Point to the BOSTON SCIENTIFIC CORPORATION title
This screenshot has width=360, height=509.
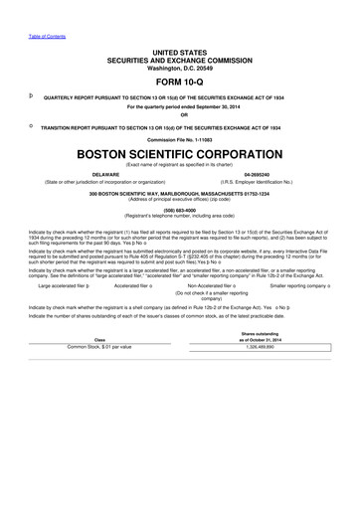pos(179,156)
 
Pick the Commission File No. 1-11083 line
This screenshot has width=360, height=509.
pos(179,140)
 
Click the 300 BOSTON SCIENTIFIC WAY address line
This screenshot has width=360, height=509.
pos(179,194)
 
